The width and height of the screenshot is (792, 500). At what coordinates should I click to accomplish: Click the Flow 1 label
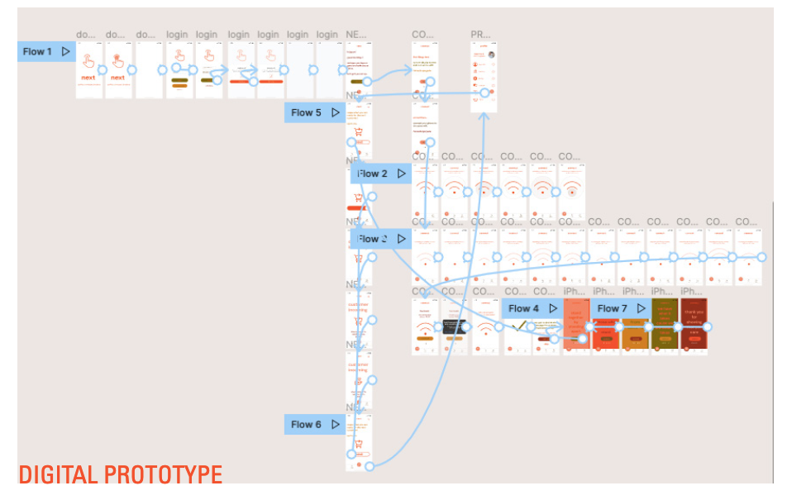(x=37, y=52)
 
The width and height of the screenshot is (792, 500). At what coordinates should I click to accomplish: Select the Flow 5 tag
(x=306, y=112)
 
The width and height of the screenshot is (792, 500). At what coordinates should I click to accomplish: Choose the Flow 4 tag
(x=523, y=308)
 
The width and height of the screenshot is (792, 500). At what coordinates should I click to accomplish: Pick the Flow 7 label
(x=612, y=308)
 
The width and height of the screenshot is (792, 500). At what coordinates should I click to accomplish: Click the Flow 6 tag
(x=306, y=424)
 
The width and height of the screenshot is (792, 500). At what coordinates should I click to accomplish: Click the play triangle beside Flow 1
(x=65, y=52)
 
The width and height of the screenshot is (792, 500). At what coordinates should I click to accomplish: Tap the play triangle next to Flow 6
(x=335, y=424)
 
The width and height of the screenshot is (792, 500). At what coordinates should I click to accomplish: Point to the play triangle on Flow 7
(x=641, y=308)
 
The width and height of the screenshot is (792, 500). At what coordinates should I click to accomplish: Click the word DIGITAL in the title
(x=58, y=475)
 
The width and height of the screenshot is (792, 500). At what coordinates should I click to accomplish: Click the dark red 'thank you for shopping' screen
(x=694, y=324)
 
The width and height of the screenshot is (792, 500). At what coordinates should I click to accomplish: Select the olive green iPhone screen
(x=664, y=324)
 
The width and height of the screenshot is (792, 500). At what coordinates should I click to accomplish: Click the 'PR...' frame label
(x=480, y=35)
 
